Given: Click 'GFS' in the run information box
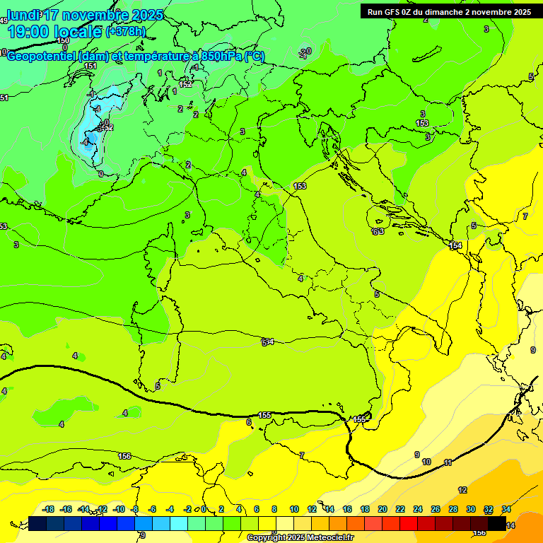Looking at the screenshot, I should click(x=394, y=12).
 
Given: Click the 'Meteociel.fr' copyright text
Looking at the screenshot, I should click(x=329, y=538).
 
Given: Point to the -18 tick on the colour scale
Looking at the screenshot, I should click(x=48, y=510).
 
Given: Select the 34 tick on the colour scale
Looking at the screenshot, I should click(x=506, y=510).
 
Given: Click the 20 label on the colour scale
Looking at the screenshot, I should click(x=383, y=510).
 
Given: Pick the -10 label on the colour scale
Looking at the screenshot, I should click(x=119, y=510).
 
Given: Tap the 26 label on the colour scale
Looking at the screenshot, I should click(x=436, y=510).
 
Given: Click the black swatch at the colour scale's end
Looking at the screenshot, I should click(x=497, y=523).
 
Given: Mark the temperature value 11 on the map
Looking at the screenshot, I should click(x=448, y=462).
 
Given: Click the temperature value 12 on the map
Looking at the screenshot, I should click(x=462, y=490).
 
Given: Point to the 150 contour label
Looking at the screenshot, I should click(x=64, y=41).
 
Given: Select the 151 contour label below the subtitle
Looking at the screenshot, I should click(x=90, y=66).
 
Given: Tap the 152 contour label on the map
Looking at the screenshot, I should click(x=185, y=84).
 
